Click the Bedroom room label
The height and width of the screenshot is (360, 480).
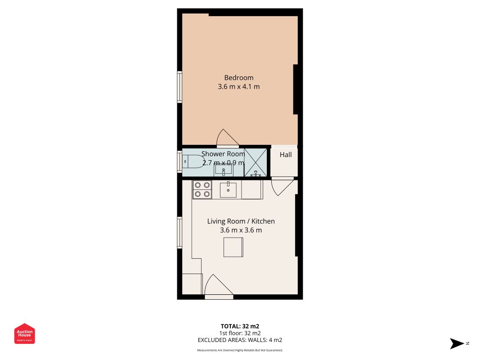[x=239, y=78]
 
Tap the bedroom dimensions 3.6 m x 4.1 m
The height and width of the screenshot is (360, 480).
[x=239, y=87]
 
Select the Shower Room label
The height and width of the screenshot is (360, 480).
[x=223, y=153]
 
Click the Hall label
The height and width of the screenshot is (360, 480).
[x=286, y=155]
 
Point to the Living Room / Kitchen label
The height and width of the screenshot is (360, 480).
[x=241, y=221]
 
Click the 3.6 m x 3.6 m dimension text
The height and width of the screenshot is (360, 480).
[x=241, y=230]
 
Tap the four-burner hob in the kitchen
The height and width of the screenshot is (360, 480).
[x=202, y=189]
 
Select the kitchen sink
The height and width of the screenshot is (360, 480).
[x=228, y=189]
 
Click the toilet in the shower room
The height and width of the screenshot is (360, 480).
[x=193, y=162]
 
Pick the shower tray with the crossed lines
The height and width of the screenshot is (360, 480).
[x=256, y=162]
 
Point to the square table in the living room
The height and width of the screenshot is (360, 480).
[x=233, y=247]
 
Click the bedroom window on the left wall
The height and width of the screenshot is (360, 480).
[x=179, y=87]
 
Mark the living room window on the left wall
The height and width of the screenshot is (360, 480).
[x=179, y=233]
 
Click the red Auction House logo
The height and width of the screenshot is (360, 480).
[x=24, y=333]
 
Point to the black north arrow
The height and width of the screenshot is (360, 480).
[x=457, y=343]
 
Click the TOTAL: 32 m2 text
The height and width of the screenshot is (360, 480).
[x=240, y=326]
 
